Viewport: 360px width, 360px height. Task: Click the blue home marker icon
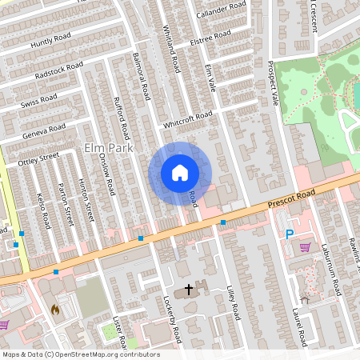[180, 173]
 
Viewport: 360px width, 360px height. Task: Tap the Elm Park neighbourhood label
[107, 149]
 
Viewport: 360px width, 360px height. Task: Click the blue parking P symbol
[290, 234]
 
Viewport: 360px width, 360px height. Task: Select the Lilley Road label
[234, 305]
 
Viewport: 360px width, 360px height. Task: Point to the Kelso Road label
[44, 209]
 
